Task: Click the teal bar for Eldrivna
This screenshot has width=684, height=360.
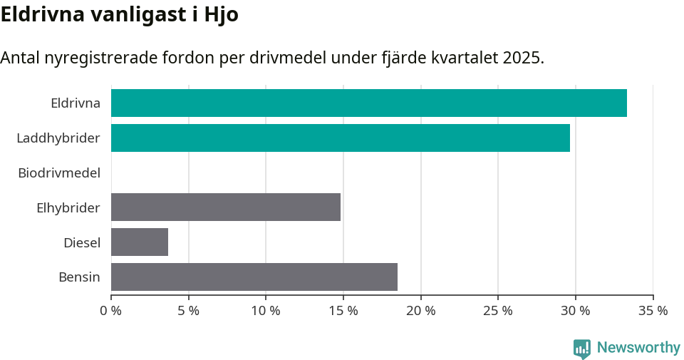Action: pos(368,103)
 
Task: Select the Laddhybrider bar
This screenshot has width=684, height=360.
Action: pos(340,138)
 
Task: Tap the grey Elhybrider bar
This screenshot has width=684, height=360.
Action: pos(225,207)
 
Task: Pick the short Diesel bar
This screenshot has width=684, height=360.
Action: pos(140,242)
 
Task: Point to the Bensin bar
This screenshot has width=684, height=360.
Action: pos(254,277)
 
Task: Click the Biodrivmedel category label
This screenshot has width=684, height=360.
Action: pos(59,173)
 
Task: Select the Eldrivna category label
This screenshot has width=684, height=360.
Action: pos(76,103)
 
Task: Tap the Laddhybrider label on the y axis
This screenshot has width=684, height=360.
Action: pos(58,138)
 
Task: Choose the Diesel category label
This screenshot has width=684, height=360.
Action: pos(82,242)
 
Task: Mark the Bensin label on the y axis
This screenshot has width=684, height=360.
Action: pos(79,277)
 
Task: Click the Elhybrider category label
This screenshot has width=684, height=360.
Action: pos(68,207)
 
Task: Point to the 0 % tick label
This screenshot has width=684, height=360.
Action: pos(111,311)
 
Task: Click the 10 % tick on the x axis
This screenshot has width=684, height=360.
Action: pos(266,311)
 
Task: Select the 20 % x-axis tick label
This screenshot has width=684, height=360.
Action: pos(420,311)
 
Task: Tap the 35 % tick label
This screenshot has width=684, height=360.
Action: pos(653,311)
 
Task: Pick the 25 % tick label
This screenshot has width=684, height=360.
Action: pos(498,311)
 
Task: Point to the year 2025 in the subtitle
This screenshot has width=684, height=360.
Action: pos(522,58)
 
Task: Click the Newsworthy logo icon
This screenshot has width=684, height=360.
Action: pos(582,349)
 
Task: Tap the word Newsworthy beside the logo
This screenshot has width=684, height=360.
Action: pos(638,348)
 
